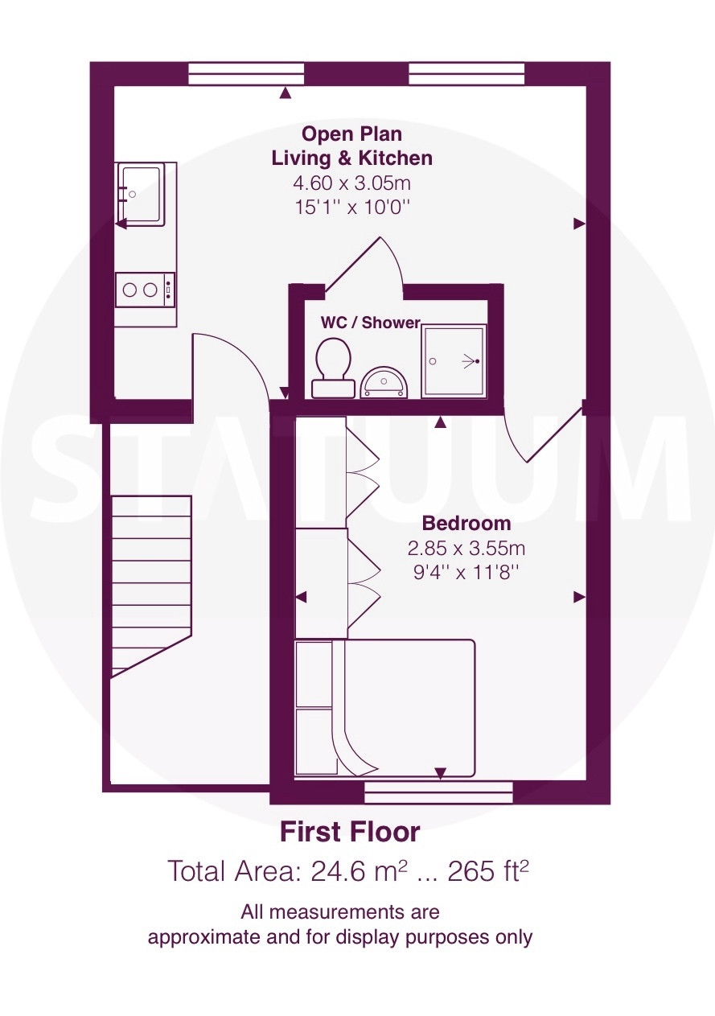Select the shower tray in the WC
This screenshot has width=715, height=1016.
coord(454,361)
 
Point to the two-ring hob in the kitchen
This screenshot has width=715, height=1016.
coord(145,290)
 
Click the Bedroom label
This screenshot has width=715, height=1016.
coord(466,524)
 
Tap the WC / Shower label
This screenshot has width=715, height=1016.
coord(371,323)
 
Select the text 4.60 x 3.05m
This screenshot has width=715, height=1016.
coord(351,183)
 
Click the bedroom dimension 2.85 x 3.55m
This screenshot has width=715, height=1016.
coord(466,549)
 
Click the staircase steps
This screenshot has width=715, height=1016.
coord(151,586)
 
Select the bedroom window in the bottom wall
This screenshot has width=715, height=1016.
coord(438,792)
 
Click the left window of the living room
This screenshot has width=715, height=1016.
coord(246,73)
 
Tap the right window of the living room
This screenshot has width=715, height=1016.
coord(466,73)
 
